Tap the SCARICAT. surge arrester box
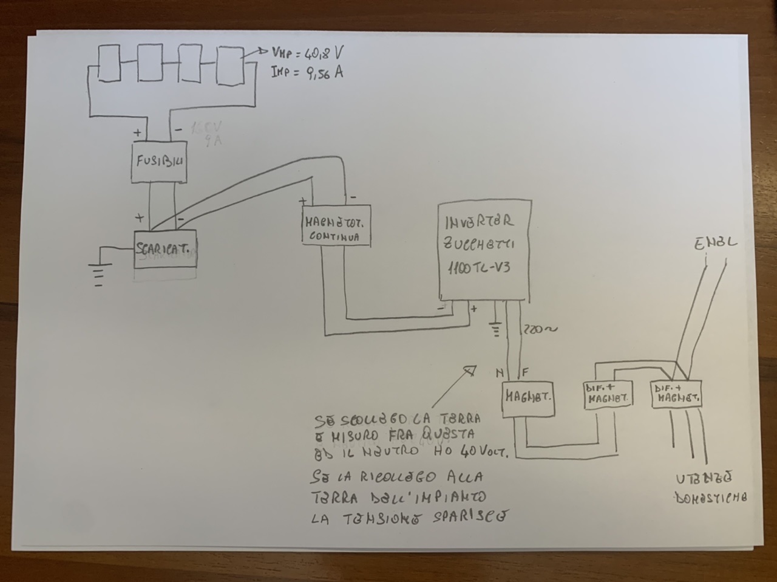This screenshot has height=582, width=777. coord(165,249)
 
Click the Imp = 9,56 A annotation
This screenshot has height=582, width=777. coord(307,73)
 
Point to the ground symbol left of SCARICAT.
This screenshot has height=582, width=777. coord(97,273)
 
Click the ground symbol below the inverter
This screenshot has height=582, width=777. coord(497,329)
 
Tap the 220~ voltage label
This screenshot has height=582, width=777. coord(540,329)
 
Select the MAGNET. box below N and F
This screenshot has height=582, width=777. coord(528,399)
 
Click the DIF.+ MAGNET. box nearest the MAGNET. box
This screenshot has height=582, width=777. coord(608,395)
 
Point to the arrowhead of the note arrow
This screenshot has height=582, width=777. coord(470,369)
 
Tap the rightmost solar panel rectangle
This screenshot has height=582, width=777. coord(231,65)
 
